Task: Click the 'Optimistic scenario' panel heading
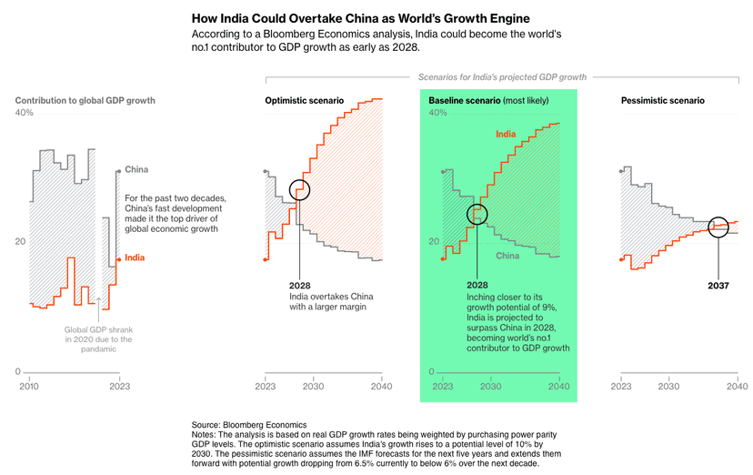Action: click(x=304, y=100)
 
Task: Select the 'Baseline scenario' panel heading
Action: click(x=464, y=100)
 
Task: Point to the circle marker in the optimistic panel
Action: click(x=300, y=190)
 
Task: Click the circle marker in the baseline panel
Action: click(x=477, y=214)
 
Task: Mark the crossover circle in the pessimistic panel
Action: click(x=718, y=226)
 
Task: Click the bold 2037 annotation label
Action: click(x=718, y=285)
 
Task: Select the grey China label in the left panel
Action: click(x=136, y=170)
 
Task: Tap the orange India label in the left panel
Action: click(x=135, y=258)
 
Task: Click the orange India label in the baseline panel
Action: click(x=506, y=135)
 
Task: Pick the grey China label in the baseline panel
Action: click(x=507, y=256)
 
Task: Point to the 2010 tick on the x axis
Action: click(x=29, y=386)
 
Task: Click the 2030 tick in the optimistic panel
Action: click(x=314, y=386)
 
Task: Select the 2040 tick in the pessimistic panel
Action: click(x=738, y=386)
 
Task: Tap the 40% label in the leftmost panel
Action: click(x=25, y=113)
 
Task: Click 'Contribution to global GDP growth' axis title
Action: click(x=85, y=100)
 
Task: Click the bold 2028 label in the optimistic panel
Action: click(x=300, y=285)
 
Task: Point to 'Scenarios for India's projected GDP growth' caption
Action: click(x=501, y=77)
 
